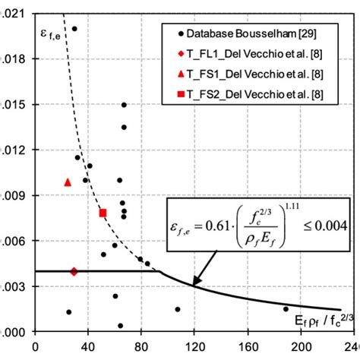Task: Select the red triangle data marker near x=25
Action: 68,182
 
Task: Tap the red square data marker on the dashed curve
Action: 103,213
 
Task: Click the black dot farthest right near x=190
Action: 286,309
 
